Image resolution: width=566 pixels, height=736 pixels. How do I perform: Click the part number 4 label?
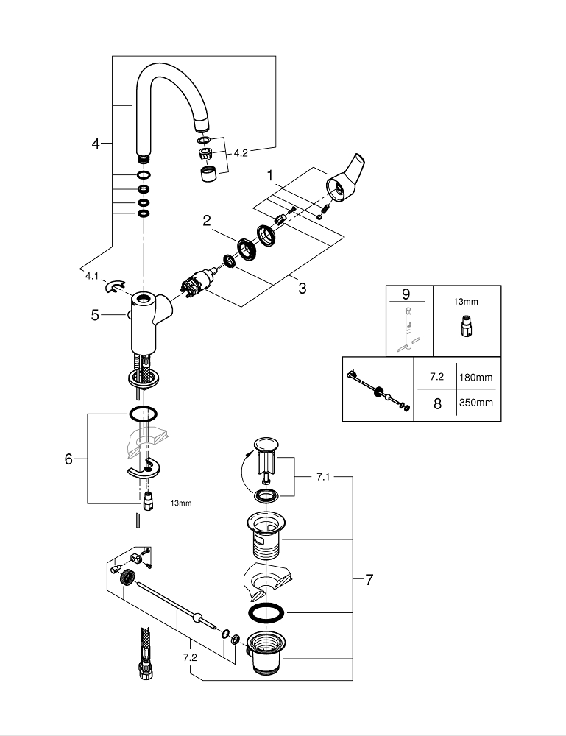click(96, 144)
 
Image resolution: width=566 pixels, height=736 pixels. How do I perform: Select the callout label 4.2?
click(241, 153)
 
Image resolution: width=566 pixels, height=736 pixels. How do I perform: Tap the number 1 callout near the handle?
click(270, 176)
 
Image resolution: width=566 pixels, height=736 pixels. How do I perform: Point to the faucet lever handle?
click(347, 181)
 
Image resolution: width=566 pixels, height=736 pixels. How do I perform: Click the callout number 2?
click(207, 221)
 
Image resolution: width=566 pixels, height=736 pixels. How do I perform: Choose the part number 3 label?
click(302, 288)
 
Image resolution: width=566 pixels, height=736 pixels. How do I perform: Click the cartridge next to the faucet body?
click(198, 284)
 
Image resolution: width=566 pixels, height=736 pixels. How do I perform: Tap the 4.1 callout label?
click(92, 276)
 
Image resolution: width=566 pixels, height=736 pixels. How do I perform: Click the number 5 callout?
click(95, 315)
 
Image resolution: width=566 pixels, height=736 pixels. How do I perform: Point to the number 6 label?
click(68, 459)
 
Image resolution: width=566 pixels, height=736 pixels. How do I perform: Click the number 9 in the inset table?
click(406, 294)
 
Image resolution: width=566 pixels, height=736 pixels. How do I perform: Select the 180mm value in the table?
click(476, 377)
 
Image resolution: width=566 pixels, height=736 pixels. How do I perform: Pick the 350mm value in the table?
click(476, 403)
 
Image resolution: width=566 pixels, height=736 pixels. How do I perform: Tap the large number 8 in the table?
click(437, 403)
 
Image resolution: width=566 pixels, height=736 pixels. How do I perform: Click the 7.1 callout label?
click(323, 477)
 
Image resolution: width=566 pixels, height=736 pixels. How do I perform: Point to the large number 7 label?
click(369, 580)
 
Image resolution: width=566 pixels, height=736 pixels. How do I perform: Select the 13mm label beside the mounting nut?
click(180, 503)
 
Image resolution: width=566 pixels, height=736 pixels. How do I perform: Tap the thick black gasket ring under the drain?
click(265, 613)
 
